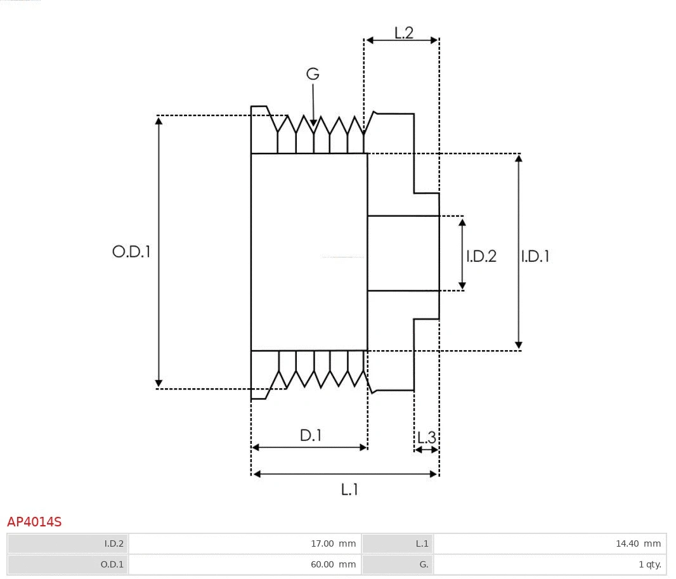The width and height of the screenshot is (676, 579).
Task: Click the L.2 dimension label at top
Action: coord(403,33)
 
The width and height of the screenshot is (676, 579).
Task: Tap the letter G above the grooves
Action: coord(313,74)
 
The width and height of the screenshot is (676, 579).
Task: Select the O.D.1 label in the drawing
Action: coord(131,252)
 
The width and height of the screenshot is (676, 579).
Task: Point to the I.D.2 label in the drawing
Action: coord(481,256)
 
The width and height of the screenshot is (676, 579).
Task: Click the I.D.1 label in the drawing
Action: coord(535,256)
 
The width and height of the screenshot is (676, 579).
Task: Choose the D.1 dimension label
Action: coord(311,436)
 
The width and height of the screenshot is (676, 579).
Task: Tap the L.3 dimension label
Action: coord(426,438)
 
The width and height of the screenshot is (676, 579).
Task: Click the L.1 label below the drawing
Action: coord(349,490)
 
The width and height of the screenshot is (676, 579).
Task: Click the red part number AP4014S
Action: coord(34,522)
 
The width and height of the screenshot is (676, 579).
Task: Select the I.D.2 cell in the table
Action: coord(68,543)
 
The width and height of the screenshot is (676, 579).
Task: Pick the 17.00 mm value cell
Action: coord(245,543)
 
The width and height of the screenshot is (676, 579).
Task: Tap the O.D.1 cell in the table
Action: coord(68,564)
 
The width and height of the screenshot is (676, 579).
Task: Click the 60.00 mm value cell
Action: coord(245,564)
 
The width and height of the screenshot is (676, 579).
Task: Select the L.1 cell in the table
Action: coord(398,543)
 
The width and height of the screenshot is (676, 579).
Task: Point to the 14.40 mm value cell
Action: coord(549,543)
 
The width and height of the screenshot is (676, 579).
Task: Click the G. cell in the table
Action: coord(398,564)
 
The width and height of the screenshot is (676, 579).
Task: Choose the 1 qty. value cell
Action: coord(549,564)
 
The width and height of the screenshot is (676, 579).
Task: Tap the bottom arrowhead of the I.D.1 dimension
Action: coord(519,346)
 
